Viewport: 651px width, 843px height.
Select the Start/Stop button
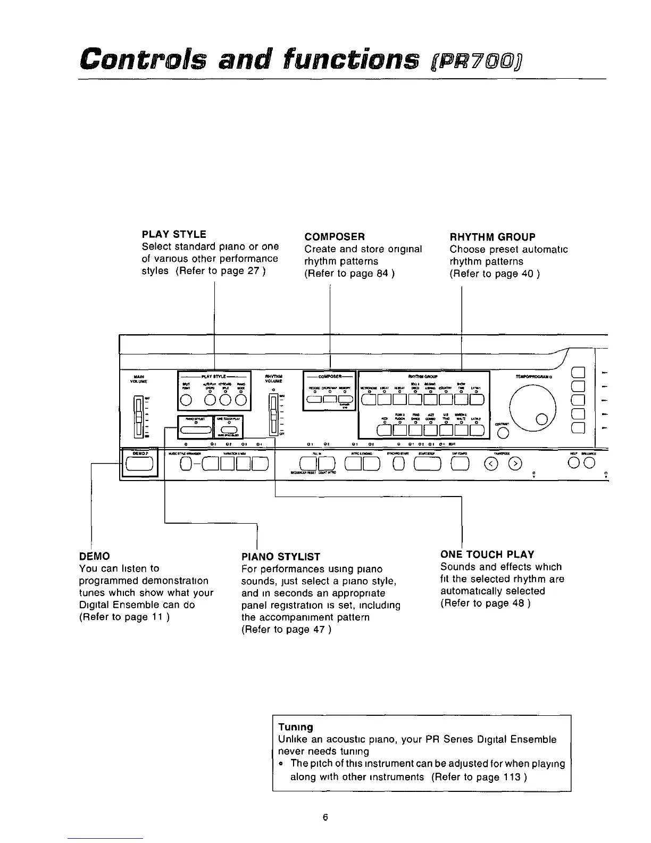click(428, 465)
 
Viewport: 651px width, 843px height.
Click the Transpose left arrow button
click(491, 465)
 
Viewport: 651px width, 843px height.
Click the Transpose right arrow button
click(514, 465)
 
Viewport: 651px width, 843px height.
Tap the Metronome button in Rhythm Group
click(368, 400)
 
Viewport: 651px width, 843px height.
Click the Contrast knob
click(503, 432)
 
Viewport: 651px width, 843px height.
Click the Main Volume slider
click(138, 416)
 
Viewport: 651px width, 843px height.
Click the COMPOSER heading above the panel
click(334, 237)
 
